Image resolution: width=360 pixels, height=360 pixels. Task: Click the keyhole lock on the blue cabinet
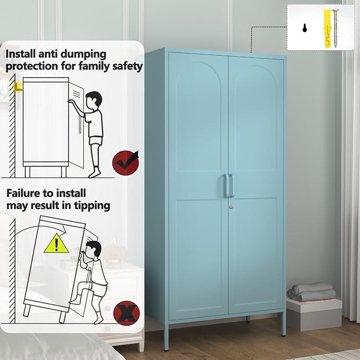click(x=231, y=207)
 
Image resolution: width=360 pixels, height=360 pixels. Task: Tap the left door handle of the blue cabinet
click(x=226, y=186)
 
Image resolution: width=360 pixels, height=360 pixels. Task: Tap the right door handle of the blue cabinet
click(x=231, y=186)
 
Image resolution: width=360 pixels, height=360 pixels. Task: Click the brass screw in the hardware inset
click(x=336, y=29)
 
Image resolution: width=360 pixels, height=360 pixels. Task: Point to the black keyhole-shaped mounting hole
click(x=305, y=28)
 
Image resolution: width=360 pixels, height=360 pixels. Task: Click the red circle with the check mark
click(x=126, y=163)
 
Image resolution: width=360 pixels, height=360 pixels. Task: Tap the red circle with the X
click(x=127, y=313)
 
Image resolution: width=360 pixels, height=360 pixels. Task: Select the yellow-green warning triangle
click(x=56, y=243)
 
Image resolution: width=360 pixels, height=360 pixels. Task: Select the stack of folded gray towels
click(x=311, y=292)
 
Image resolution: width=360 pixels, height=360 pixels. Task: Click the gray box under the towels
click(x=314, y=314)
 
